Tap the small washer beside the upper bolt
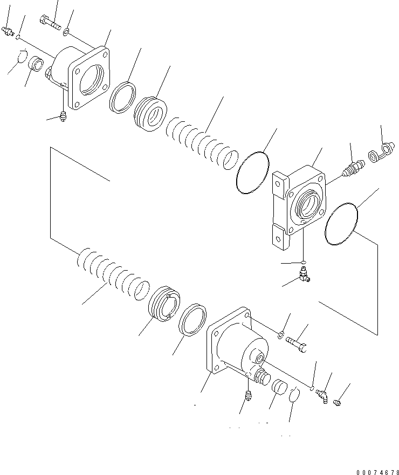click(x=66, y=33)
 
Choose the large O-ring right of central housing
click(x=342, y=223)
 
